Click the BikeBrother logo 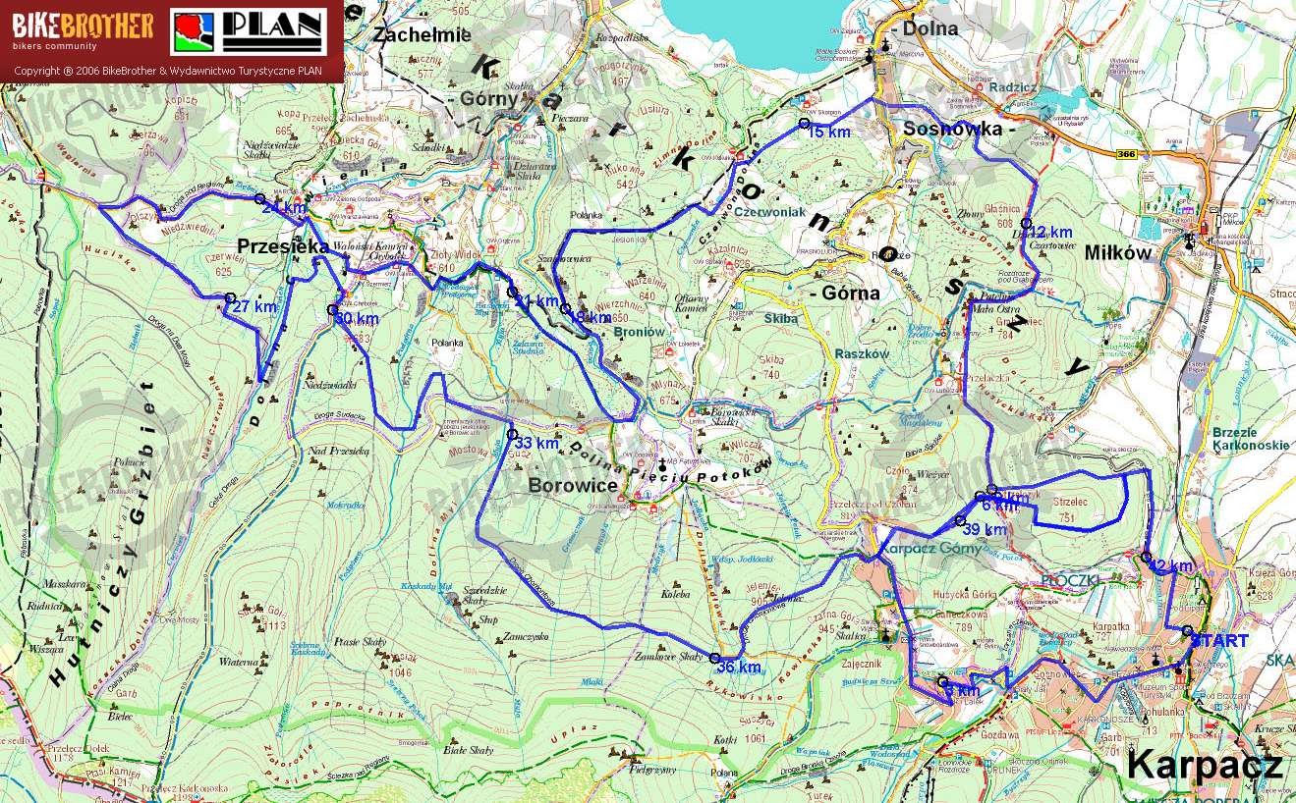click(83, 31)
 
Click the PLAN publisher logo click(249, 31)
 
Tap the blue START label click(1219, 641)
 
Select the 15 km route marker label click(828, 132)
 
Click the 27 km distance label click(254, 306)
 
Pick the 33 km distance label click(535, 443)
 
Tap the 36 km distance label click(738, 668)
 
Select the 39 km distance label click(985, 529)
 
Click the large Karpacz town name click(1204, 764)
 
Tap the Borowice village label click(573, 485)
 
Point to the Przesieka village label click(281, 247)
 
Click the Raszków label click(860, 353)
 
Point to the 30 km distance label click(357, 319)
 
